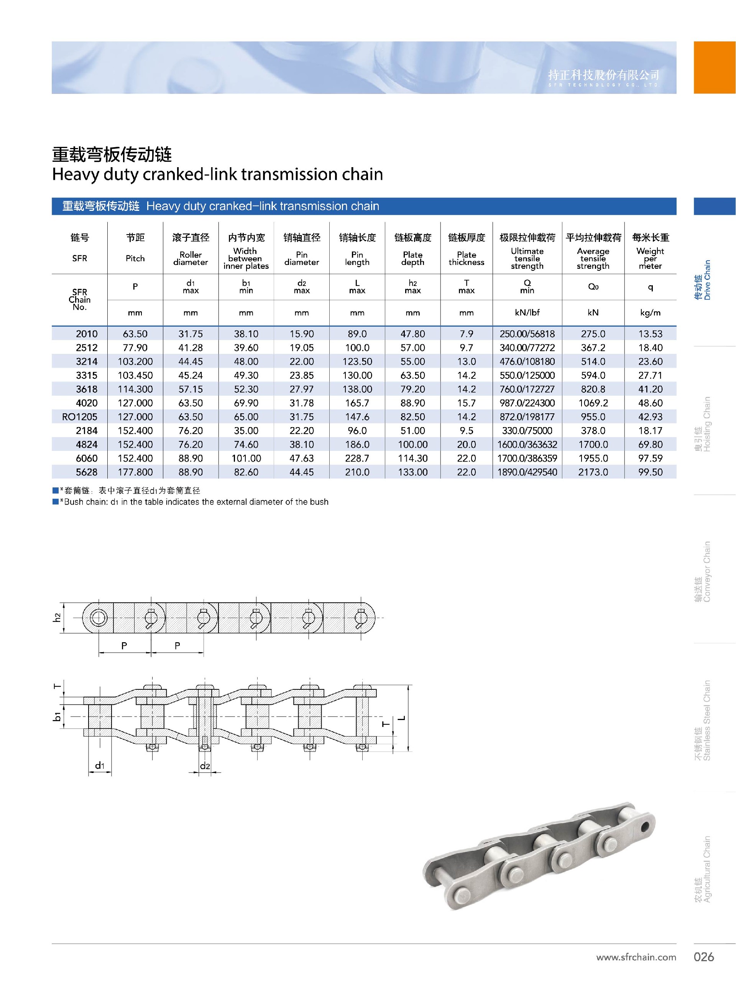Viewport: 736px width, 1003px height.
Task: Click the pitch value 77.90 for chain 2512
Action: click(x=135, y=347)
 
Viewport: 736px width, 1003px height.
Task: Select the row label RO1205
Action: click(x=80, y=417)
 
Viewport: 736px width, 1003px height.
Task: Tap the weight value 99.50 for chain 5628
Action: click(x=650, y=472)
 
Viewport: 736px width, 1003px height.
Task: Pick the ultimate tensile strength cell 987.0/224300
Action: click(x=527, y=403)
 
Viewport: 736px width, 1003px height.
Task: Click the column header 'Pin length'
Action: click(x=357, y=258)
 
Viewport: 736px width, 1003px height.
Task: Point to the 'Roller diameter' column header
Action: click(x=190, y=258)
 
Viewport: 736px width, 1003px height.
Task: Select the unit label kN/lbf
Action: click(x=527, y=312)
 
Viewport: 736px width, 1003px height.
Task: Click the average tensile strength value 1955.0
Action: click(x=593, y=458)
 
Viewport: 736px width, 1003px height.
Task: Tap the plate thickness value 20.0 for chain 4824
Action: click(x=466, y=444)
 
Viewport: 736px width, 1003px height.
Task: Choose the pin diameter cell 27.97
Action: click(x=302, y=389)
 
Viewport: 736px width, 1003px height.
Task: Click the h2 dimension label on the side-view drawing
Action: click(x=57, y=618)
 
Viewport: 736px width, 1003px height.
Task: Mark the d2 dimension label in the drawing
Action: click(x=204, y=766)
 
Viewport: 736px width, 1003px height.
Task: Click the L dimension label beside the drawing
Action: click(x=402, y=718)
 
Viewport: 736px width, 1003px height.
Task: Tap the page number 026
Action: click(x=703, y=957)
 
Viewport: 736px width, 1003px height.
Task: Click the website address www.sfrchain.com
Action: click(x=636, y=957)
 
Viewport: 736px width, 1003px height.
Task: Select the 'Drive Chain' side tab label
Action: click(x=703, y=280)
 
